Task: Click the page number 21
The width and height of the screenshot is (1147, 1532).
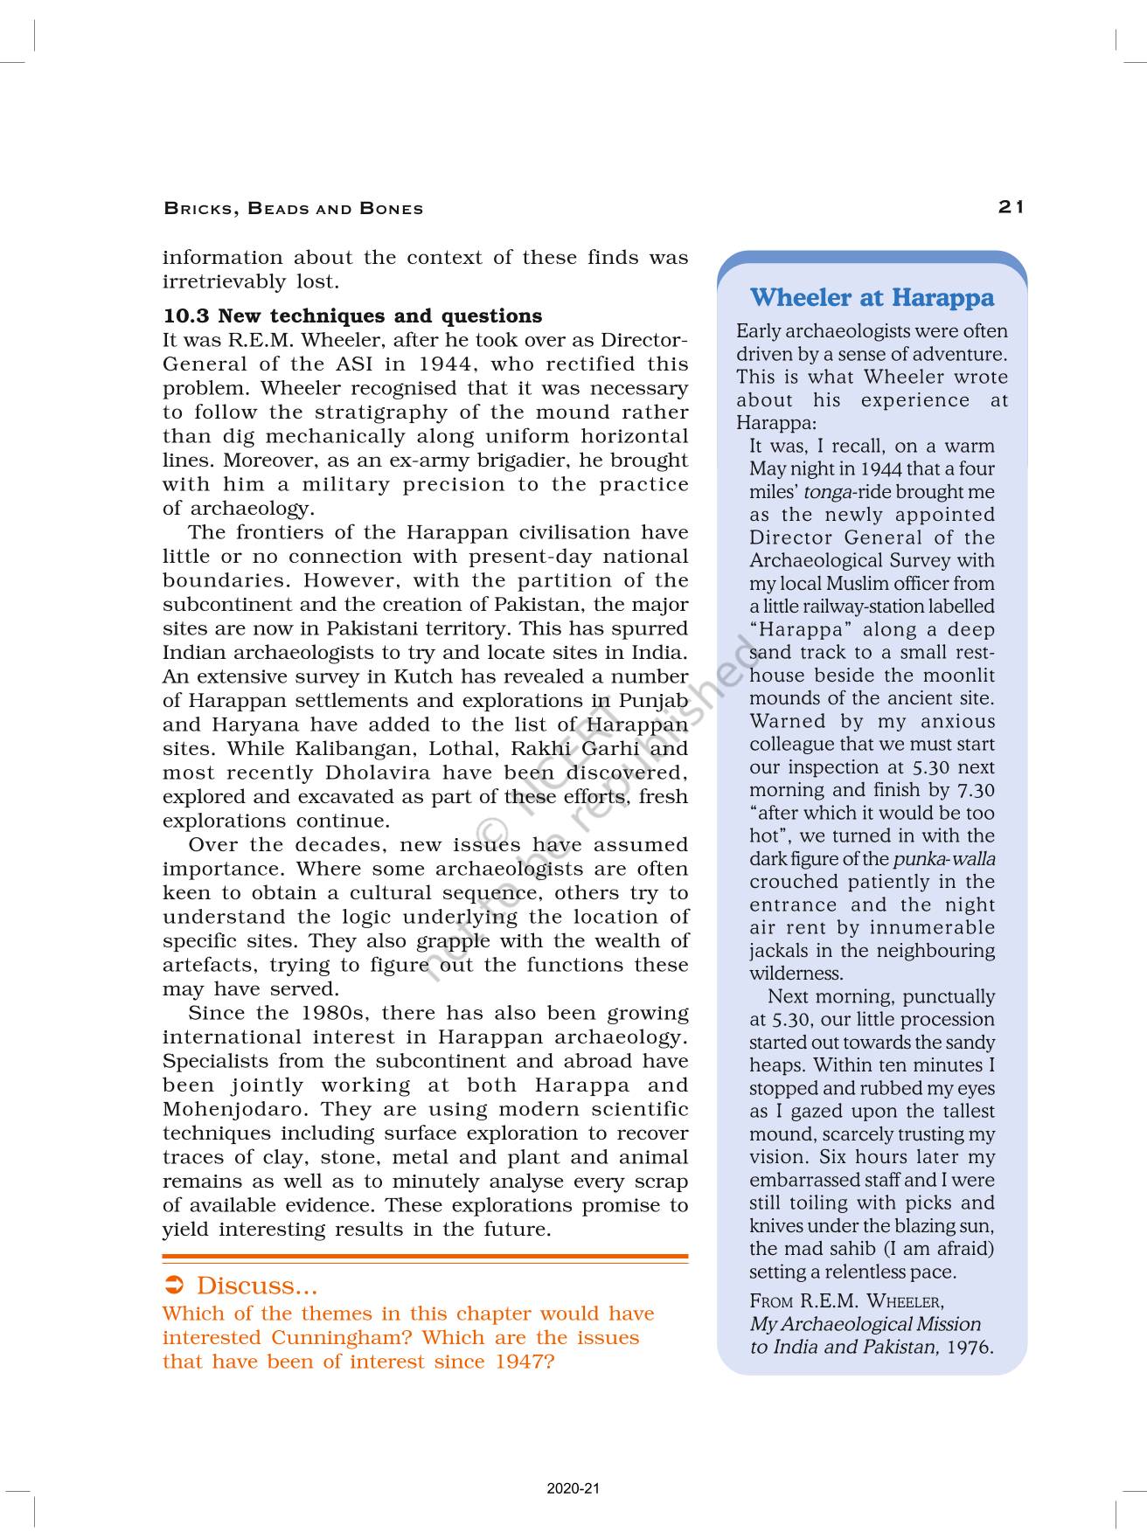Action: (x=1011, y=207)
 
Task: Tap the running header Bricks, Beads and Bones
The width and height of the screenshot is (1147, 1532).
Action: (x=294, y=209)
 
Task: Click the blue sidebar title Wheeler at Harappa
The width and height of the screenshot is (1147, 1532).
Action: (x=872, y=298)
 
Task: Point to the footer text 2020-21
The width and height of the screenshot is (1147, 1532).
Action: (x=573, y=1489)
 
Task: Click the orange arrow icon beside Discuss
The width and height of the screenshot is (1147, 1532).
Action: (x=174, y=1286)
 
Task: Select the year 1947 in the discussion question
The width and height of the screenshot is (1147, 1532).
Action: (x=523, y=1362)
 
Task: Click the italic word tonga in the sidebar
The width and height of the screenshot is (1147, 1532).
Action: (x=826, y=492)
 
